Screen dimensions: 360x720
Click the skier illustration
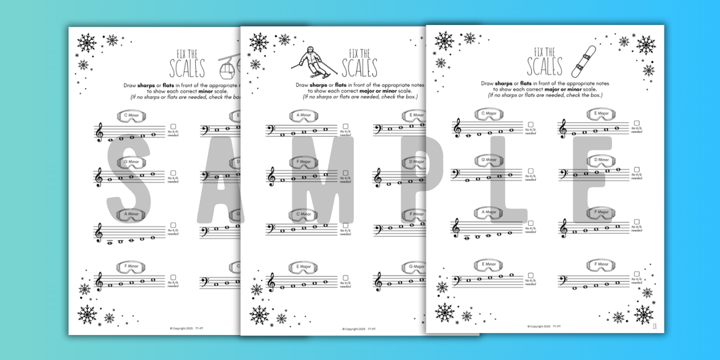(x=310, y=63)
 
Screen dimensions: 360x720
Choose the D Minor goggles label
(x=601, y=160)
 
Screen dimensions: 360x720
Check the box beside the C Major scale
(x=531, y=124)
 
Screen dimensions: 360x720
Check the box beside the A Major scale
(x=531, y=223)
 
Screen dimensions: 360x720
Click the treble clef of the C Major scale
(x=457, y=128)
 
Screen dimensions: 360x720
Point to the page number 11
(x=655, y=327)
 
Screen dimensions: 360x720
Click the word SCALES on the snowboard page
(x=545, y=67)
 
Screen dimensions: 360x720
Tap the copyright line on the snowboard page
(x=544, y=327)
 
